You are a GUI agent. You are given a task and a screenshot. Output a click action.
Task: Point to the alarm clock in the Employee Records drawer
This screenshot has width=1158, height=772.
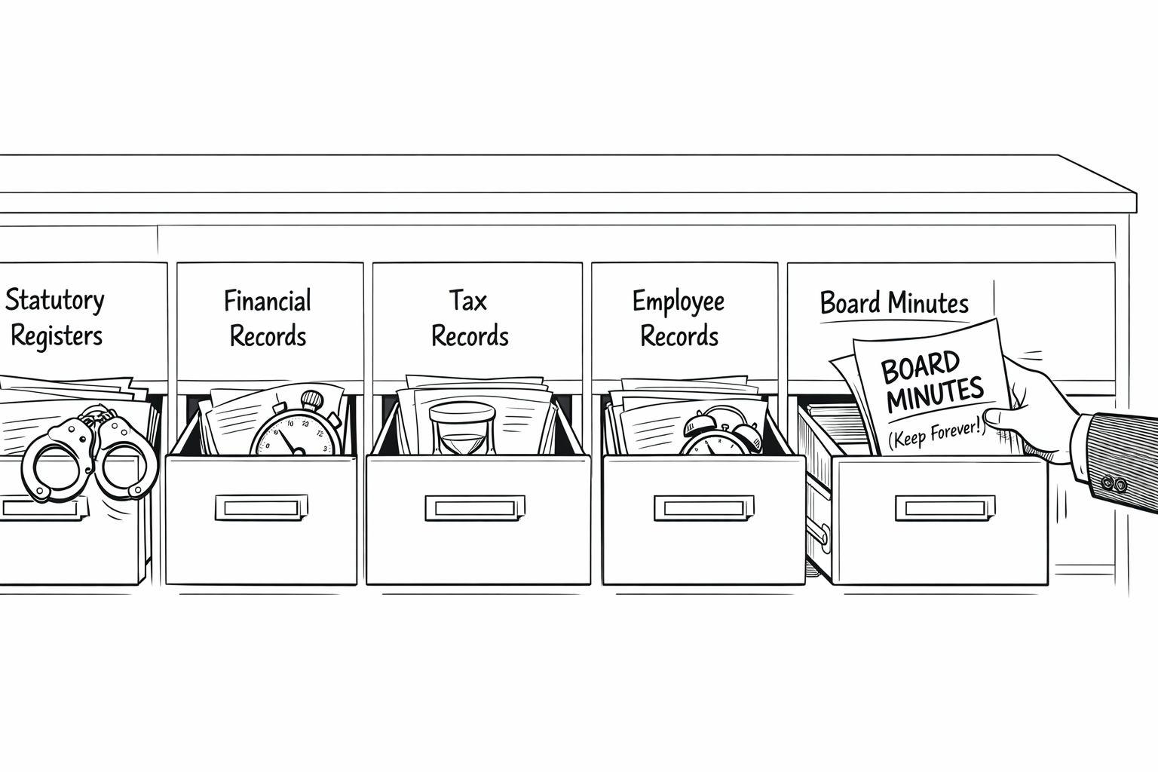click(720, 433)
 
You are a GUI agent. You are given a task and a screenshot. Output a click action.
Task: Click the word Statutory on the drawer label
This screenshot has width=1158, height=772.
click(55, 300)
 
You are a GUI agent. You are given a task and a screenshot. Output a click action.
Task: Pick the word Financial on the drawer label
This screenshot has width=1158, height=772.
click(267, 301)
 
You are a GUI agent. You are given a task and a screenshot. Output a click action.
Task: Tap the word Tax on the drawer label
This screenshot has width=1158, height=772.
click(468, 300)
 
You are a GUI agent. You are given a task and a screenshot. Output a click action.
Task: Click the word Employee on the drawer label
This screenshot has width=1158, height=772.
click(678, 301)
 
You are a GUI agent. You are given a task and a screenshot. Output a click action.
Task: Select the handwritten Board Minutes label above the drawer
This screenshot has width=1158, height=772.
click(893, 303)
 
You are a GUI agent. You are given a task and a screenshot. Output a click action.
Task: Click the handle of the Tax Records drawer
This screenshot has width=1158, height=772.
click(473, 507)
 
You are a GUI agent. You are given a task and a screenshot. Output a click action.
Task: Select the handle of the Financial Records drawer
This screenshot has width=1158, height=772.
click(261, 507)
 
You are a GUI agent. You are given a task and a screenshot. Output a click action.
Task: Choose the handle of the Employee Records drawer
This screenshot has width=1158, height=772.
click(703, 507)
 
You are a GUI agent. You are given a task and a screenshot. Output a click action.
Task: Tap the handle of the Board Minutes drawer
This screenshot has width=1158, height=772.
click(942, 507)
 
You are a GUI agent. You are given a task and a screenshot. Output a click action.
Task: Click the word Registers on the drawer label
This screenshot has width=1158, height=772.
click(57, 335)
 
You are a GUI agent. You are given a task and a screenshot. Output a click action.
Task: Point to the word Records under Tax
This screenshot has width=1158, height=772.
click(470, 336)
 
